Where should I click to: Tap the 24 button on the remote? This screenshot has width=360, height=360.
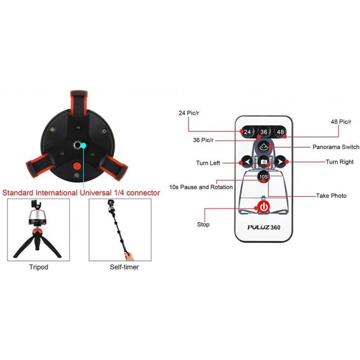247,132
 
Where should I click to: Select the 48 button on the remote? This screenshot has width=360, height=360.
280,132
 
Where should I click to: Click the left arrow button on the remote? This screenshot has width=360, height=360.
247,162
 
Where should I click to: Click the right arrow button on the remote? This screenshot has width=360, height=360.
280,162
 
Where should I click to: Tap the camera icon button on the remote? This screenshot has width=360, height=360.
264,162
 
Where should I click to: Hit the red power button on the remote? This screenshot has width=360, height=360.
264,207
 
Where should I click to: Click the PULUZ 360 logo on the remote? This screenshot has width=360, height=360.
264,227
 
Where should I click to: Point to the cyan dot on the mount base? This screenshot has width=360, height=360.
84,145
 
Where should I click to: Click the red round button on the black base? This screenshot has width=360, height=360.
76,166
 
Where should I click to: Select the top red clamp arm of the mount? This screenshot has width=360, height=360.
79,103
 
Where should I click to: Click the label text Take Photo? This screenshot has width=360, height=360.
331,196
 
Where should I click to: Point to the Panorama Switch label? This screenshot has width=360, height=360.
336,147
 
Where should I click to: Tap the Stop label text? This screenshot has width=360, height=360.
203,224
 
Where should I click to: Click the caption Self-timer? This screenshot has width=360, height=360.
124,267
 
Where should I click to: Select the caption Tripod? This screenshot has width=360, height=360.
38,267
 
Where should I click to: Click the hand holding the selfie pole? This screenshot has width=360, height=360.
130,256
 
